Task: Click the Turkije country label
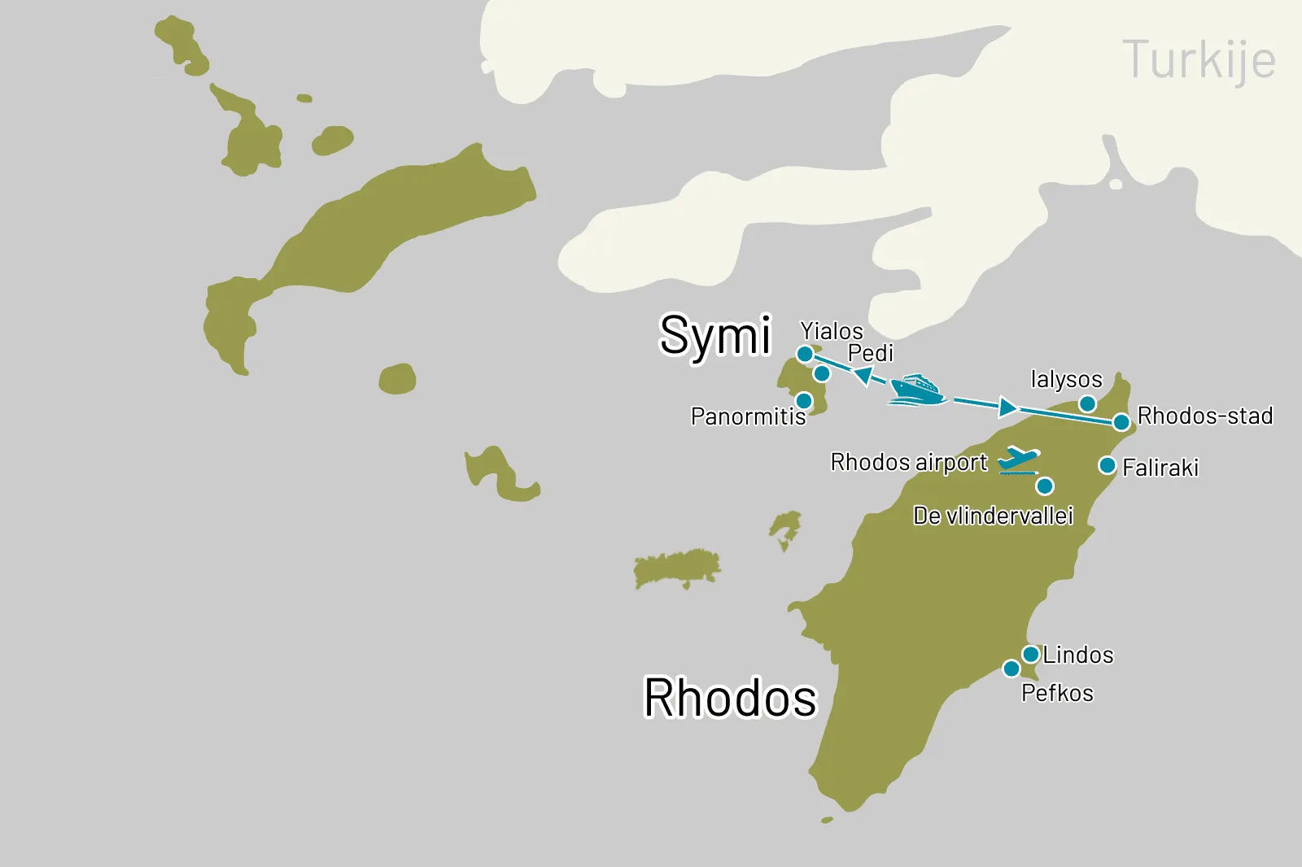(x=1198, y=60)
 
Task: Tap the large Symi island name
(x=714, y=335)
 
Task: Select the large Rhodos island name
(x=730, y=698)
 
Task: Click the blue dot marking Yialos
(x=804, y=354)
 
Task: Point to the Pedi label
(x=870, y=353)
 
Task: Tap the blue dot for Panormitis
(x=803, y=400)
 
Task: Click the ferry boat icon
(x=916, y=390)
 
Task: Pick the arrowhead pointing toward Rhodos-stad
(x=1007, y=407)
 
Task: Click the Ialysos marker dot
(x=1087, y=404)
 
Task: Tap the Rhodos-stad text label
(x=1204, y=416)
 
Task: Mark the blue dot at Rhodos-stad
(x=1121, y=422)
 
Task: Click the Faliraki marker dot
(x=1107, y=465)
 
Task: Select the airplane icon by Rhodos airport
(x=1018, y=460)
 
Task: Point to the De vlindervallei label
(x=993, y=516)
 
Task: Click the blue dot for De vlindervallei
(x=1045, y=486)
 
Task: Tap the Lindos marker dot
(x=1030, y=654)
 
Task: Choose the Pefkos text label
(x=1057, y=693)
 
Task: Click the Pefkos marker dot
(x=1011, y=669)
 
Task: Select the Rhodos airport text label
(x=908, y=462)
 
